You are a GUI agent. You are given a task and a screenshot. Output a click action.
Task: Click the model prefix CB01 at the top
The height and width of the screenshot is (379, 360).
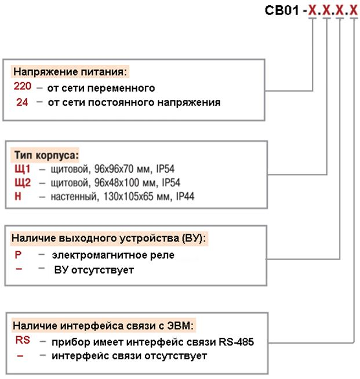pos(282,10)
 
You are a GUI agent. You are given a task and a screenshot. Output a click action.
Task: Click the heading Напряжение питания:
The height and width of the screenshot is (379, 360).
pos(70,72)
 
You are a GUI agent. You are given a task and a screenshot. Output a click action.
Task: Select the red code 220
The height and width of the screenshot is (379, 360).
pos(23,86)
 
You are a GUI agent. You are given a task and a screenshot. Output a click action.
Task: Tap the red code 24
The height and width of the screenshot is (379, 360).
pos(22,102)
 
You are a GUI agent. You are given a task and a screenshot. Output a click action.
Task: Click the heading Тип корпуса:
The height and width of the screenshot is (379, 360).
pos(46,155)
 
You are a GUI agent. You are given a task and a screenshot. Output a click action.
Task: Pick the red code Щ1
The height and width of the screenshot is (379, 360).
pos(23,169)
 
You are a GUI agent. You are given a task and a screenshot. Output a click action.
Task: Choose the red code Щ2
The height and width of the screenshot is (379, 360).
pos(23,182)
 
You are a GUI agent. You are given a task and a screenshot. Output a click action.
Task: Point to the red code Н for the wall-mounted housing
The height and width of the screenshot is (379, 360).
pos(18,196)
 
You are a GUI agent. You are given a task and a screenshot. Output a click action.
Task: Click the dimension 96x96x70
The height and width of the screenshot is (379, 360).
pos(114,169)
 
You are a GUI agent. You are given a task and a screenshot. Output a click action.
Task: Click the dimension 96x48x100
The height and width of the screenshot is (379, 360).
pos(117,183)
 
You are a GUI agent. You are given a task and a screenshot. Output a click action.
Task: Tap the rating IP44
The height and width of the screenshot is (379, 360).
pos(185,196)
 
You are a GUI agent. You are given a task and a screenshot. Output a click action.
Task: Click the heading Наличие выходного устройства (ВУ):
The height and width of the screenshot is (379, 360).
pos(108,239)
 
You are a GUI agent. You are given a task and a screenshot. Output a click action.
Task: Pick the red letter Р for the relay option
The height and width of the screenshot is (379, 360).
pos(18,255)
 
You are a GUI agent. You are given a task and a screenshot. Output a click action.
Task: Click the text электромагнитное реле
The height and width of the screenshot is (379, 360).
pos(113,255)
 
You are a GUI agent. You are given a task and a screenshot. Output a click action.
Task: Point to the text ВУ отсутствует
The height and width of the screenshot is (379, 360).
pos(94,270)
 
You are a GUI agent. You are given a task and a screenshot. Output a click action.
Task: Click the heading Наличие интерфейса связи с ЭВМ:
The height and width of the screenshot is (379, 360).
pos(103,326)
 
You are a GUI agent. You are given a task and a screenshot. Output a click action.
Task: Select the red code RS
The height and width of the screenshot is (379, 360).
pos(23,340)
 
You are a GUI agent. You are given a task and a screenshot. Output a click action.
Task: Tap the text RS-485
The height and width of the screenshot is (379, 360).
pos(237,342)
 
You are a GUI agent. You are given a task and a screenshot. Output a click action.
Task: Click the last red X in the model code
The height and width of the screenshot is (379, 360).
pos(354,10)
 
